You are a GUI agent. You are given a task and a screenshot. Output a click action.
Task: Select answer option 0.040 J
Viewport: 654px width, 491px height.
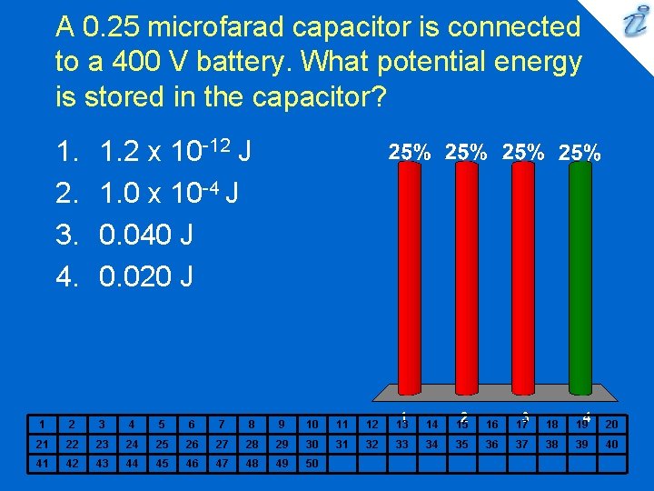click(145, 235)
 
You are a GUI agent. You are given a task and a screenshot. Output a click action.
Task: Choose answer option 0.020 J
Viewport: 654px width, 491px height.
click(145, 276)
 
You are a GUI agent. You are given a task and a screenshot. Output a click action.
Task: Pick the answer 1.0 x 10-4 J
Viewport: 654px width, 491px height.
click(168, 195)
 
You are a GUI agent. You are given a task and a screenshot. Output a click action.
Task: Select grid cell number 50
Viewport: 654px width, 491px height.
click(312, 463)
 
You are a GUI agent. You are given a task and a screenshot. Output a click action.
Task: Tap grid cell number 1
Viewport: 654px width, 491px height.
click(41, 424)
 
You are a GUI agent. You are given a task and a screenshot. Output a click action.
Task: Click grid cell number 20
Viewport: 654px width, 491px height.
click(610, 424)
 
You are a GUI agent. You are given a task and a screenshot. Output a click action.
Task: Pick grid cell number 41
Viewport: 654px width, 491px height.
click(41, 463)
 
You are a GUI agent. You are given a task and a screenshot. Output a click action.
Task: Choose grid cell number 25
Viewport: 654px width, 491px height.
click(163, 444)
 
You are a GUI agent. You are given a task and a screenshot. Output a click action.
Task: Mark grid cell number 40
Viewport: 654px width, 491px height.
click(610, 444)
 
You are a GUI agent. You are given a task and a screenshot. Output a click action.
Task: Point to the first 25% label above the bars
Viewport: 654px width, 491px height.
click(410, 153)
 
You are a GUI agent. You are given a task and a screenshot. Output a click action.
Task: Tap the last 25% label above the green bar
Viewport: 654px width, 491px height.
click(580, 153)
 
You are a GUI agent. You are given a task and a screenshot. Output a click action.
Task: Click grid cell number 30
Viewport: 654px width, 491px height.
click(312, 444)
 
